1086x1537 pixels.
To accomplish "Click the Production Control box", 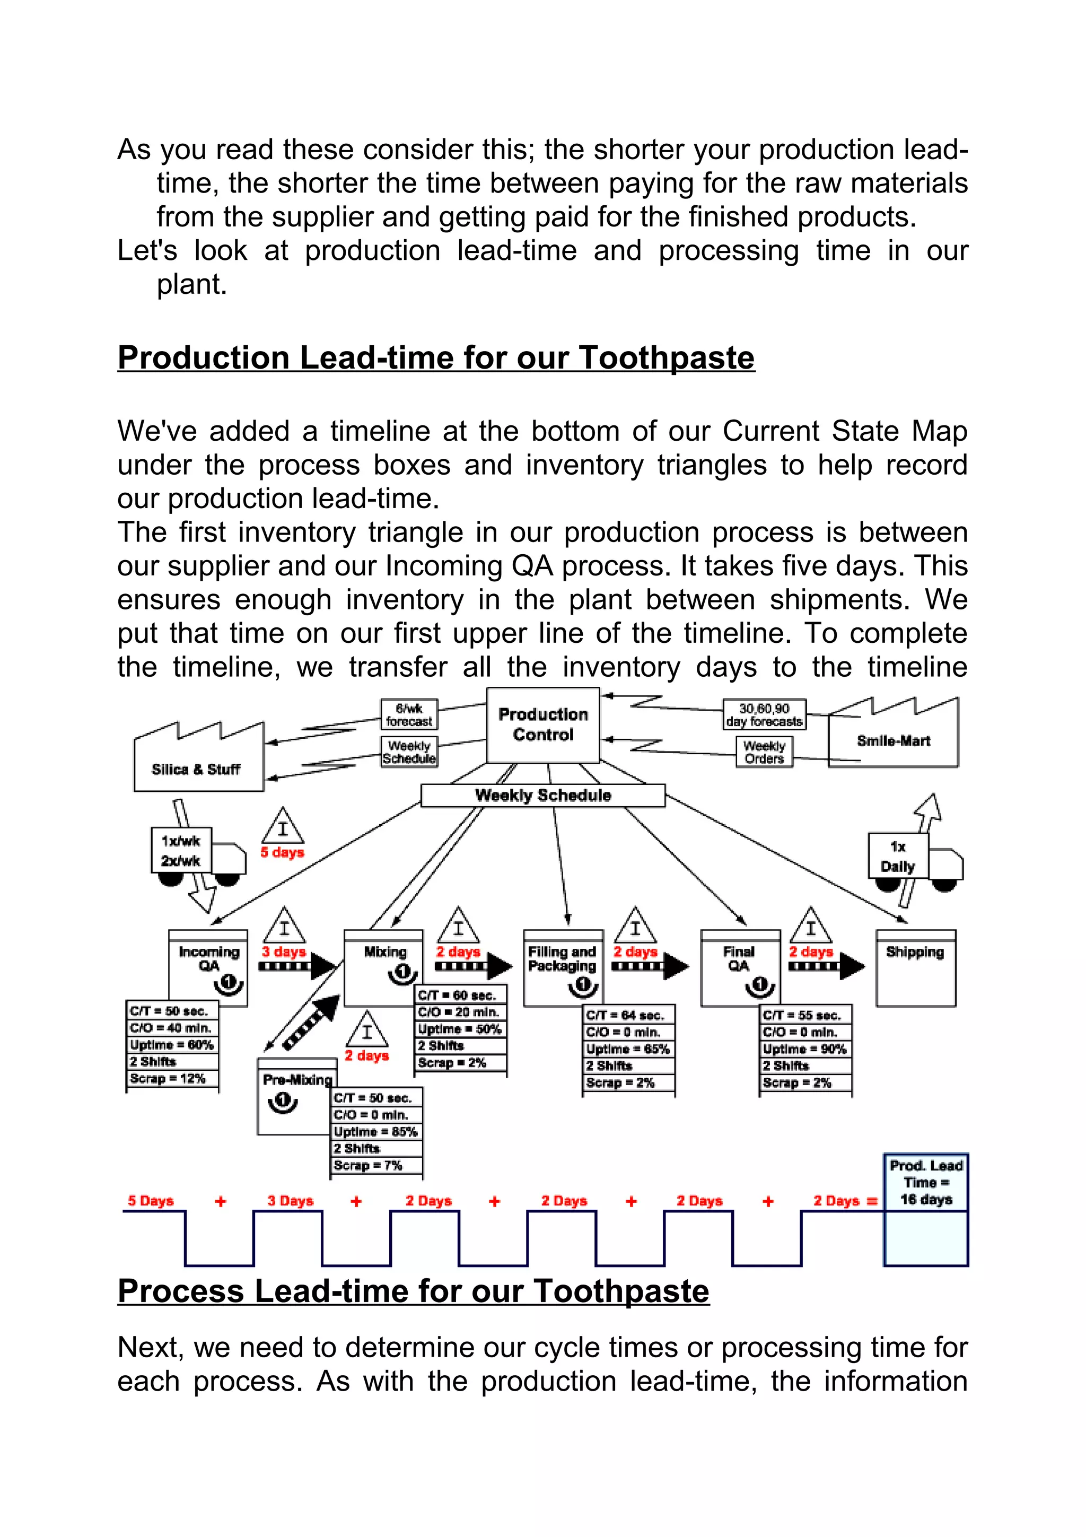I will point(542,725).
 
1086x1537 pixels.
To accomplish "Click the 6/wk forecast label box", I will point(409,715).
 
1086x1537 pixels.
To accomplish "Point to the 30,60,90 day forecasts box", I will point(764,715).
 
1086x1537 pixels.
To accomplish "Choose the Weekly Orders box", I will point(764,752).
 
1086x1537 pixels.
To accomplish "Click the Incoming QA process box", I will point(208,967).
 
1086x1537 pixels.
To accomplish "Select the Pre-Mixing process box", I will point(296,1096).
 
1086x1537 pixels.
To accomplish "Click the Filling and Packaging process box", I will point(562,968).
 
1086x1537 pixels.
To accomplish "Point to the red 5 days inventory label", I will point(283,852).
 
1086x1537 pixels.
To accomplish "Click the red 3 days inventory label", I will point(284,951).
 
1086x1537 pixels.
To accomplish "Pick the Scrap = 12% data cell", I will point(172,1078).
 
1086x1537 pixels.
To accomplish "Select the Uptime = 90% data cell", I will point(805,1049).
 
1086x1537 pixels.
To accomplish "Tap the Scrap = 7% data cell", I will point(376,1165).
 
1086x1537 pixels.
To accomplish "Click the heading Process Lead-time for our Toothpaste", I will point(413,1291).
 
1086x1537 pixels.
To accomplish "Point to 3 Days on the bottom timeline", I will point(291,1200).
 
